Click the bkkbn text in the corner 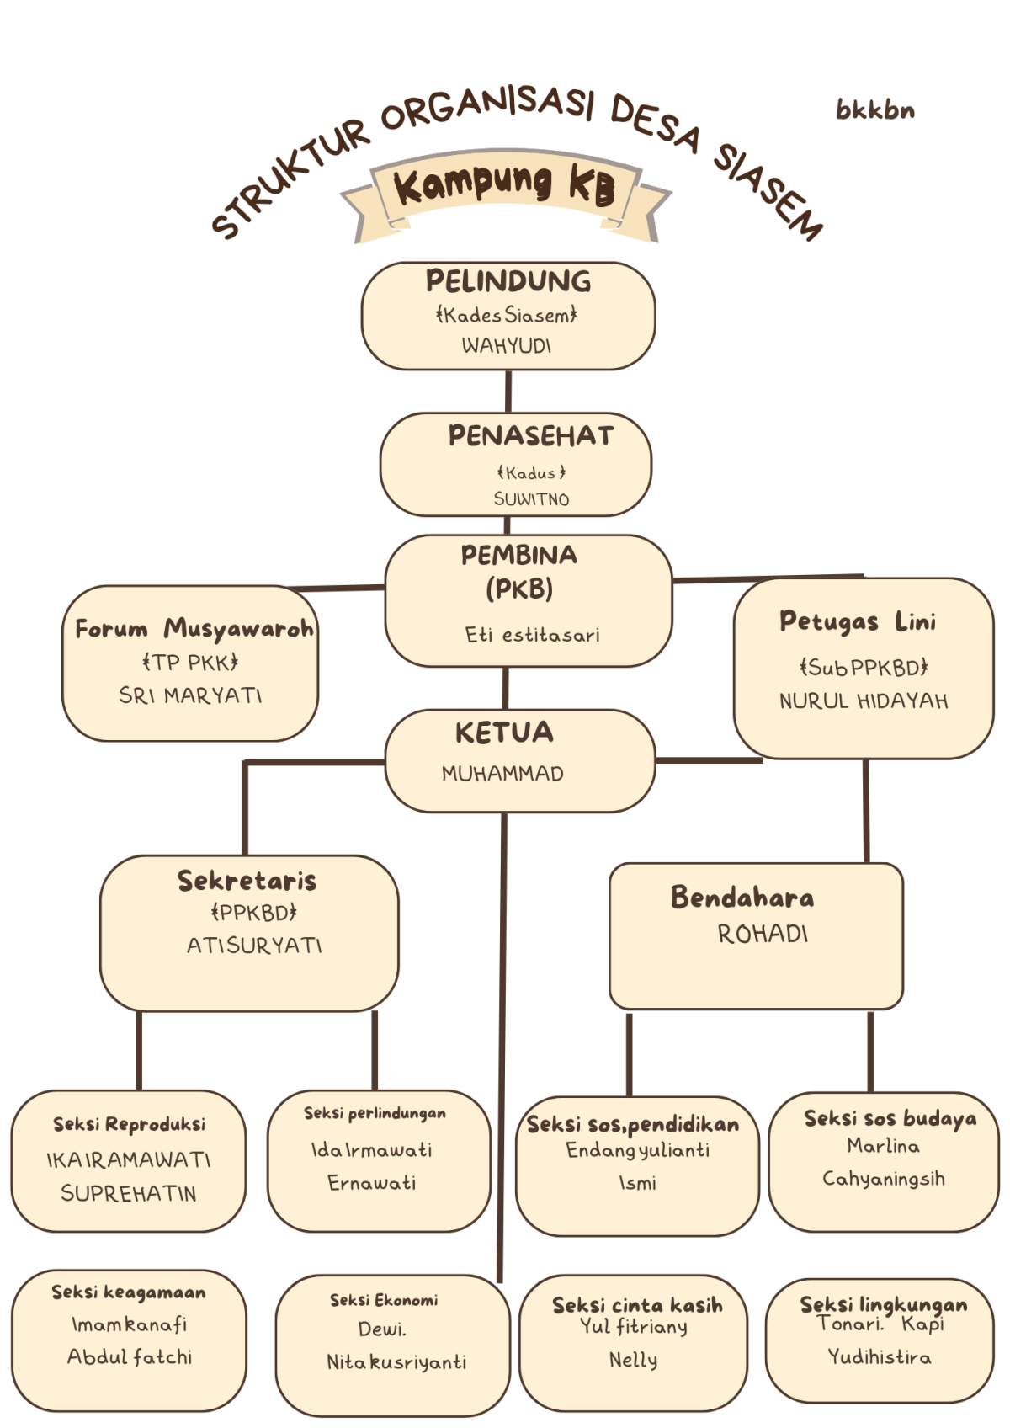874,110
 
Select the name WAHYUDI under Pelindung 507,345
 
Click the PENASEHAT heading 531,436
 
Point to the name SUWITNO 531,499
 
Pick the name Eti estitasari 532,635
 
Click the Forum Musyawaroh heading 194,629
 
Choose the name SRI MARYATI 190,695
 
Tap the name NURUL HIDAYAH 864,701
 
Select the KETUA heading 505,733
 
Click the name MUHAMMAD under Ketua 502,773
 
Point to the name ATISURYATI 254,946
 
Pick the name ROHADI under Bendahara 763,934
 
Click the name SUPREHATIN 129,1193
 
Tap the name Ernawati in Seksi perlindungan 372,1183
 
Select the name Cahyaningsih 884,1179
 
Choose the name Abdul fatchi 130,1356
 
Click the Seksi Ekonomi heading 384,1300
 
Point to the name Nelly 634,1360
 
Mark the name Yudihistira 880,1356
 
